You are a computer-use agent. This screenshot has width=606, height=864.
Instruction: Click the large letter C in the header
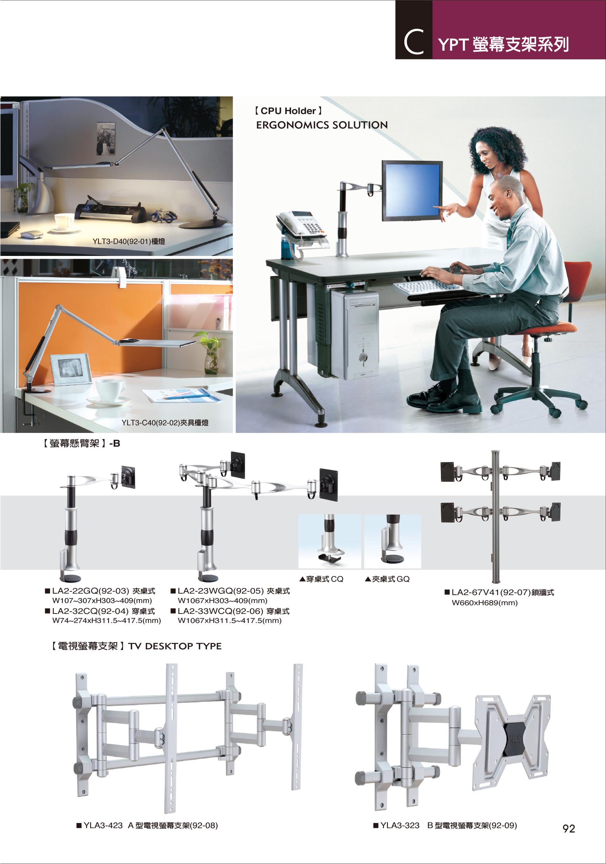click(x=414, y=42)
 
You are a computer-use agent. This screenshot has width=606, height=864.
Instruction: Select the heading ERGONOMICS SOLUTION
click(x=322, y=125)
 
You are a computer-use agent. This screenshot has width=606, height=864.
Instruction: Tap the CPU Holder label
click(x=288, y=111)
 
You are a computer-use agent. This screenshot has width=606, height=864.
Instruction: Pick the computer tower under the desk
click(x=354, y=333)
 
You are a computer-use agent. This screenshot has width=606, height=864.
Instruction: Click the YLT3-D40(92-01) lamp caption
click(x=129, y=241)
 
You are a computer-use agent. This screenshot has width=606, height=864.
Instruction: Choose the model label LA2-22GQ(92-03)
click(x=91, y=591)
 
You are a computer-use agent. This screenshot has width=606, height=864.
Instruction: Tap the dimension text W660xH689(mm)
click(x=484, y=602)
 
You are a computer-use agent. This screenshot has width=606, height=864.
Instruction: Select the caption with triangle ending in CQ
click(x=321, y=579)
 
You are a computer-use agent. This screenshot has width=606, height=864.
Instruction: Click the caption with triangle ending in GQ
click(x=387, y=579)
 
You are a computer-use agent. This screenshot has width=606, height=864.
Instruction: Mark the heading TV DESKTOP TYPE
click(x=175, y=646)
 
